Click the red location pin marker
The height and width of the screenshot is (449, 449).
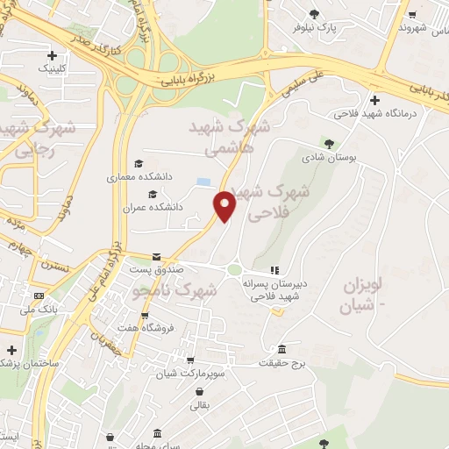point(225,205)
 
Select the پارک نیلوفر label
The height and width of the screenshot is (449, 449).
point(316,27)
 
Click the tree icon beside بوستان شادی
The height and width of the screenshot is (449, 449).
point(329,142)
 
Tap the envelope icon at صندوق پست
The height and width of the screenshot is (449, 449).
point(157,257)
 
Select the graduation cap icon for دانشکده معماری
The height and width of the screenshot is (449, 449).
point(138,163)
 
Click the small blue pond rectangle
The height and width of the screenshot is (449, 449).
point(203,182)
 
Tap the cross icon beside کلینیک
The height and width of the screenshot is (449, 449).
point(53,54)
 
